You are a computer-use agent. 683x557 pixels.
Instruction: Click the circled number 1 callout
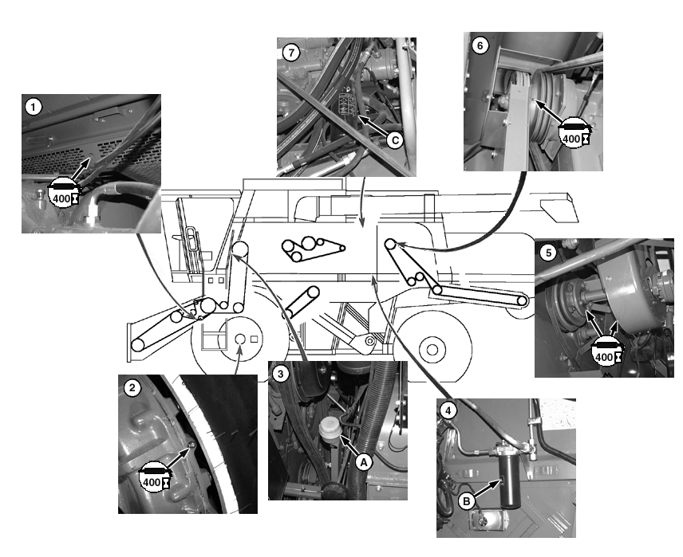coord(34,107)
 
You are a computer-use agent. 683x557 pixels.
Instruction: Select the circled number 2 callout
coord(132,387)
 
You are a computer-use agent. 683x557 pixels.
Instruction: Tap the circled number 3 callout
coord(281,374)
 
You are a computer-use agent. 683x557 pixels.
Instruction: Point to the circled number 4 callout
coord(448,410)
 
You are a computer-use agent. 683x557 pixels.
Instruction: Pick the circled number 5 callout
coord(548,253)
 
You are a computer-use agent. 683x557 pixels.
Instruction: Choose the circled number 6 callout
coord(480,45)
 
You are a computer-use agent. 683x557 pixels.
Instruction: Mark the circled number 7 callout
coord(291,53)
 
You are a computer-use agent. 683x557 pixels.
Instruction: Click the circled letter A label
coord(364,462)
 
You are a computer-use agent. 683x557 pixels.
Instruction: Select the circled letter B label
coord(467,501)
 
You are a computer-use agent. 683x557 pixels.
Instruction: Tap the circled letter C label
coord(395,140)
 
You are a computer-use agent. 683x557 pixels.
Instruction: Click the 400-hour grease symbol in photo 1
coord(63,192)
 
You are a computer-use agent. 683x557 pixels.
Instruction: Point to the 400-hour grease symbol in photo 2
coord(154,476)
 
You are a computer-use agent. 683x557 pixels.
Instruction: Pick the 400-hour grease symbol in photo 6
coord(575,133)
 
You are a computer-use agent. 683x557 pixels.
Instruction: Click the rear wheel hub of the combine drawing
coord(432,349)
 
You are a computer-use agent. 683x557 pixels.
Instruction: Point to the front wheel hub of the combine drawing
coord(240,339)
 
